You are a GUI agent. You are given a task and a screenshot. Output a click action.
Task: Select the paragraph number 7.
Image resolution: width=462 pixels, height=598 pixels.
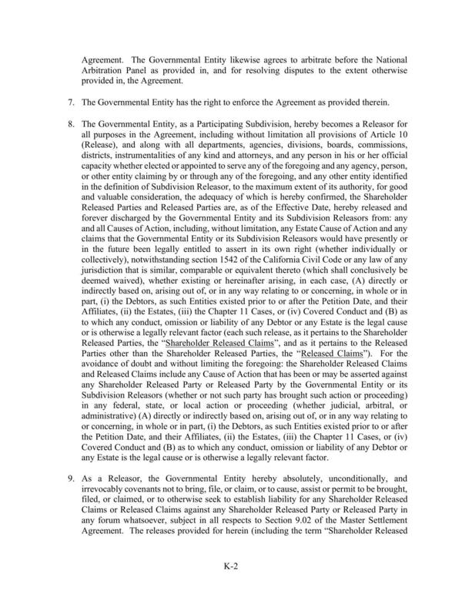coord(71,103)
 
